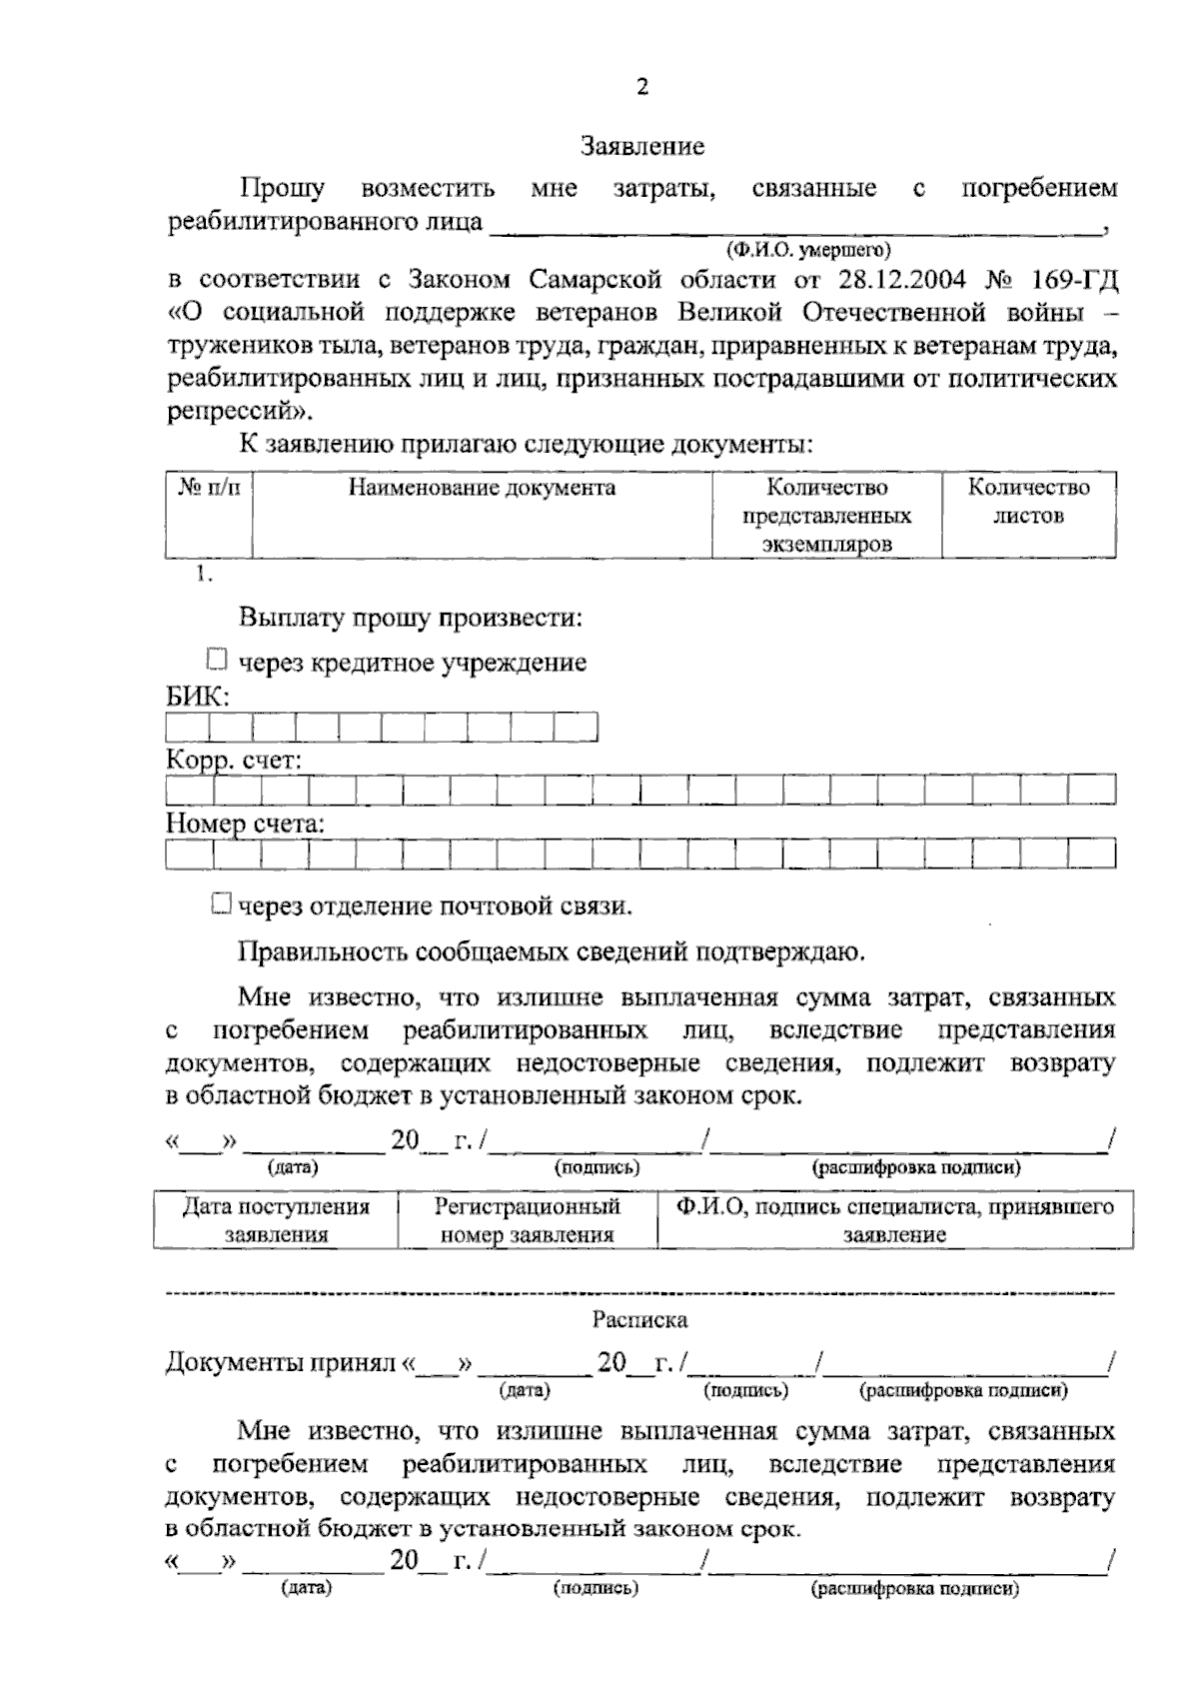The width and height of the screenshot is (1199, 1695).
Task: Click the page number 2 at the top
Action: point(642,87)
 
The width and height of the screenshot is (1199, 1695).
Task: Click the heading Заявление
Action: point(643,147)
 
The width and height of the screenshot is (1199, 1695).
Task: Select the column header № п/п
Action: point(209,488)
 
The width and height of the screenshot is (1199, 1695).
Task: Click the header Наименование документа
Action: point(482,488)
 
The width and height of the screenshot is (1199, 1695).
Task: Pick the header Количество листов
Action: point(1028,502)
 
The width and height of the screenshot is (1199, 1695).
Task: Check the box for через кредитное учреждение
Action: point(217,660)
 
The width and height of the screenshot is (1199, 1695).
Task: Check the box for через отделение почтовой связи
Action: point(222,904)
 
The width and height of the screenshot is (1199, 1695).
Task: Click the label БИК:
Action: point(198,697)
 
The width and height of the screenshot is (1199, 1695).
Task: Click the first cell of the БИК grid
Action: point(187,727)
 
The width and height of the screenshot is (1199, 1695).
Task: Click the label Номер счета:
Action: point(245,825)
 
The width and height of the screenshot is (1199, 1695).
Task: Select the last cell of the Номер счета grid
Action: point(1091,853)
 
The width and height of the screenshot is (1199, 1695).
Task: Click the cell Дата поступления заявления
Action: point(276,1220)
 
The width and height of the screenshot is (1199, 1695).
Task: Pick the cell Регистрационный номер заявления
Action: point(527,1220)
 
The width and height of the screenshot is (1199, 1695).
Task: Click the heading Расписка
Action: point(639,1320)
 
